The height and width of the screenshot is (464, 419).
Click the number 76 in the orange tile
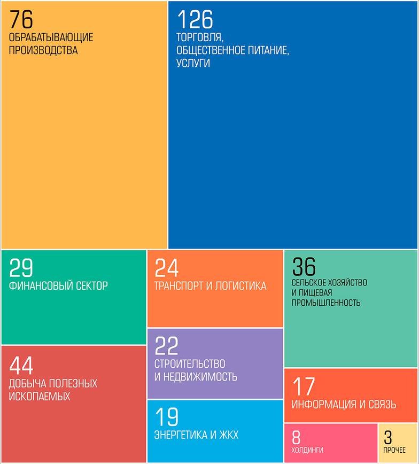(x=21, y=20)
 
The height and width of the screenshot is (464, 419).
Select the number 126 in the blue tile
(x=195, y=20)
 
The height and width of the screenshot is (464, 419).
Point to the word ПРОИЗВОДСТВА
(x=43, y=51)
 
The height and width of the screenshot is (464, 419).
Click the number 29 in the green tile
(x=21, y=267)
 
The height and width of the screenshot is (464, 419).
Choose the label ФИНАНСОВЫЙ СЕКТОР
(x=58, y=285)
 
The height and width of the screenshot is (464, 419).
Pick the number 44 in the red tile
(x=21, y=366)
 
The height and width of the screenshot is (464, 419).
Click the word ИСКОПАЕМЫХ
(x=40, y=397)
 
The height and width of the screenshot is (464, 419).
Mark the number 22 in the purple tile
(x=166, y=346)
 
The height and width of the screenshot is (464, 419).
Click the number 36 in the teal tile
(x=304, y=267)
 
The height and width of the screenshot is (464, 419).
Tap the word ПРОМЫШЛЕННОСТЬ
(x=326, y=303)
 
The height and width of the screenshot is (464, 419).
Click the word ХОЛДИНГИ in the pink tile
(x=307, y=450)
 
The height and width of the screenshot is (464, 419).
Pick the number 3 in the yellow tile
(x=388, y=438)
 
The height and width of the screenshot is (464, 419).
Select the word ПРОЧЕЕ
(x=394, y=450)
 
